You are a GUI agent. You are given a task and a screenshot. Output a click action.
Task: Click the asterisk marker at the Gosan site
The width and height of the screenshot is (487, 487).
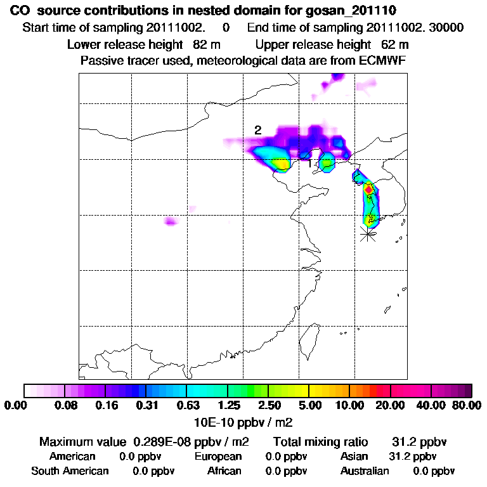click(367, 234)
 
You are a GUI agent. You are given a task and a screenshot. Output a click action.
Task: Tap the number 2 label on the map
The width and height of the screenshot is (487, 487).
click(257, 130)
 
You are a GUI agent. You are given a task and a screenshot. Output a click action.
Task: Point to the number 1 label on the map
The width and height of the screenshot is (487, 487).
click(309, 164)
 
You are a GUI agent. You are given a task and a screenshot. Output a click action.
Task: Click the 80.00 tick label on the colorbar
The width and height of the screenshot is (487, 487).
click(465, 405)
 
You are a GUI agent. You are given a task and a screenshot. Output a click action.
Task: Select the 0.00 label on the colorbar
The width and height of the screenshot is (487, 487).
click(18, 405)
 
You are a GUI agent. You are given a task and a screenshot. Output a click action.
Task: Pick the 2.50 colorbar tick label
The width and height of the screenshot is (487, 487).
click(269, 405)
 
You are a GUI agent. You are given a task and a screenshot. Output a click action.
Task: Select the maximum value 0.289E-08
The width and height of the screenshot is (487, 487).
click(160, 441)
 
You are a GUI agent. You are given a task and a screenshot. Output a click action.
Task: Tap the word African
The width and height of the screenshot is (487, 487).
click(224, 471)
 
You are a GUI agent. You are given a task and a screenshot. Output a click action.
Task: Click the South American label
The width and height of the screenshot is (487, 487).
click(70, 471)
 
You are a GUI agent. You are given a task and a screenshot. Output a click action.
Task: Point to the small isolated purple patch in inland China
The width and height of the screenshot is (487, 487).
click(170, 221)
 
